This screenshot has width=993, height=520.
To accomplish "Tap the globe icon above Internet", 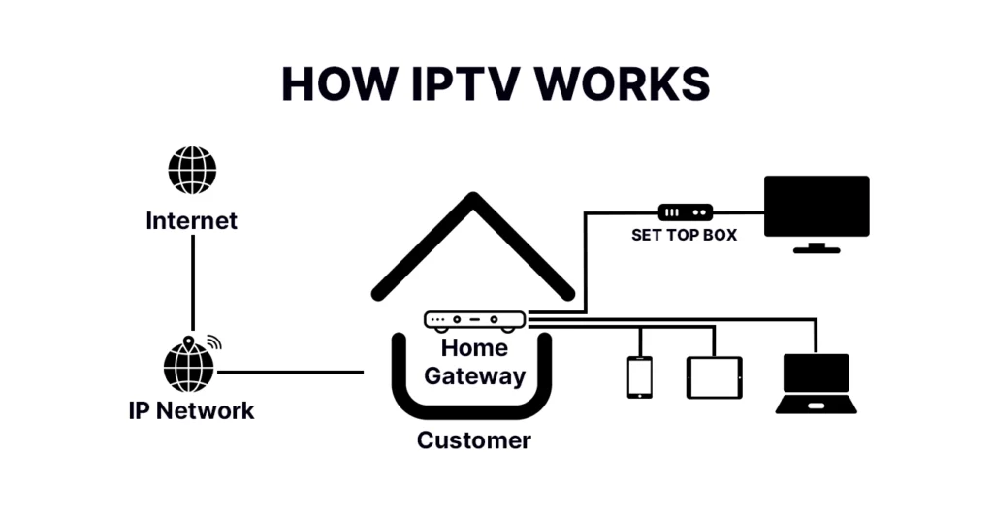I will coord(192,171).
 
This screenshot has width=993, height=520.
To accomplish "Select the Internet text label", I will coord(192,221).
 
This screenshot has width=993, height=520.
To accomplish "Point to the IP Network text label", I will coord(192,410).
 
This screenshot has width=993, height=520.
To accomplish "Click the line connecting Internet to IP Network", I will coord(193,281).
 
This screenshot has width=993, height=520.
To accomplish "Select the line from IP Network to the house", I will coord(291,372).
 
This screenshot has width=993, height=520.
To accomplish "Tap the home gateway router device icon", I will coord(475,319).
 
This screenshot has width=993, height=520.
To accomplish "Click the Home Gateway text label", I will coord(475,362).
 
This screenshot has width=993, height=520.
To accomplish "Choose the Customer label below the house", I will coord(474,440).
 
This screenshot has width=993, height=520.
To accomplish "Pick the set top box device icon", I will coord(686,211).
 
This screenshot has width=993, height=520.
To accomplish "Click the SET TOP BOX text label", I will coord(685,235).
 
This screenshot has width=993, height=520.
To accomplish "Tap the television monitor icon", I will coord(817,207).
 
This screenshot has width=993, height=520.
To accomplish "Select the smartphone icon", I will coord(639,377).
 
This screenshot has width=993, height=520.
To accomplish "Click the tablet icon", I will coord(715,377).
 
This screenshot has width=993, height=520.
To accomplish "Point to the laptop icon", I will coord(817,383).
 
